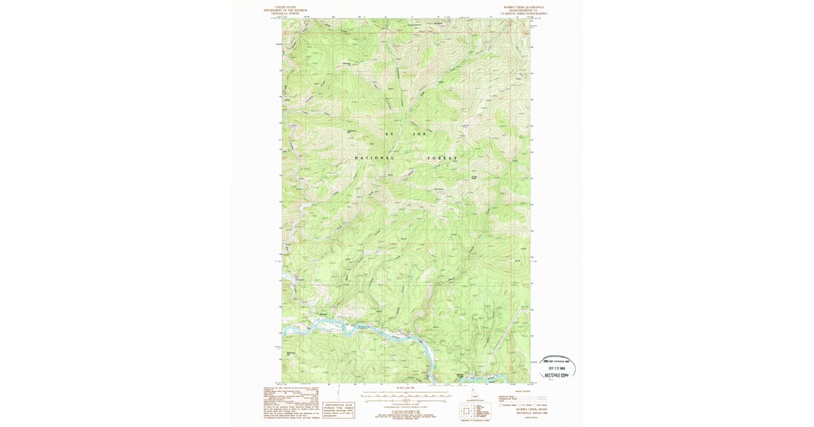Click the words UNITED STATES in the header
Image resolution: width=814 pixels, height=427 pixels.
coord(286,7)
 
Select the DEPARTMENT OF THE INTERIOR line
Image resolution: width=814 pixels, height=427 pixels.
coord(286,10)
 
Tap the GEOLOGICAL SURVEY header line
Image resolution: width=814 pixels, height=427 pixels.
coord(286,13)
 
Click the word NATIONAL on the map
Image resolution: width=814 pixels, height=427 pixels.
coord(374,158)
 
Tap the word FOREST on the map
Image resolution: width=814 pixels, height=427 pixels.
coord(442,158)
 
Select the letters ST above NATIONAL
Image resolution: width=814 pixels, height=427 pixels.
coord(389,134)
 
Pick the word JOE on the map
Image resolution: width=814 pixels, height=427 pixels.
coord(419,134)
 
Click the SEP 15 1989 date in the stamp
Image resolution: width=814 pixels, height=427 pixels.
coord(558,368)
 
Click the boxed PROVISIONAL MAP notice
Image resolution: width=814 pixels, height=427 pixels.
coord(339,409)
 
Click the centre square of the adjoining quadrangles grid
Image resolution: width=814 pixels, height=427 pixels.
coord(467,410)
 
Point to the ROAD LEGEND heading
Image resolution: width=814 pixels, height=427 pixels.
coord(523,391)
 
